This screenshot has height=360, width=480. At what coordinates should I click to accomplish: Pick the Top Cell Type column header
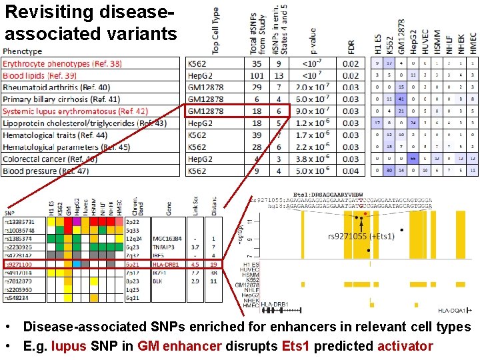(x=215, y=31)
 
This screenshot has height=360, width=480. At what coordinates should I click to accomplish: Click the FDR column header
(x=351, y=46)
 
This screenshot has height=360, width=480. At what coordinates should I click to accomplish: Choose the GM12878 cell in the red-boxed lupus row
(x=205, y=111)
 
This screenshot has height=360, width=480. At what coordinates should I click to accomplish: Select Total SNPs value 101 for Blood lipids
(x=257, y=75)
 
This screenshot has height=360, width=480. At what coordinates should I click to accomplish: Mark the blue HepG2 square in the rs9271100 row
(x=77, y=264)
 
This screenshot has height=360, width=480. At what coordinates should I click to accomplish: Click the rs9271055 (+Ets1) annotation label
(x=361, y=236)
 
